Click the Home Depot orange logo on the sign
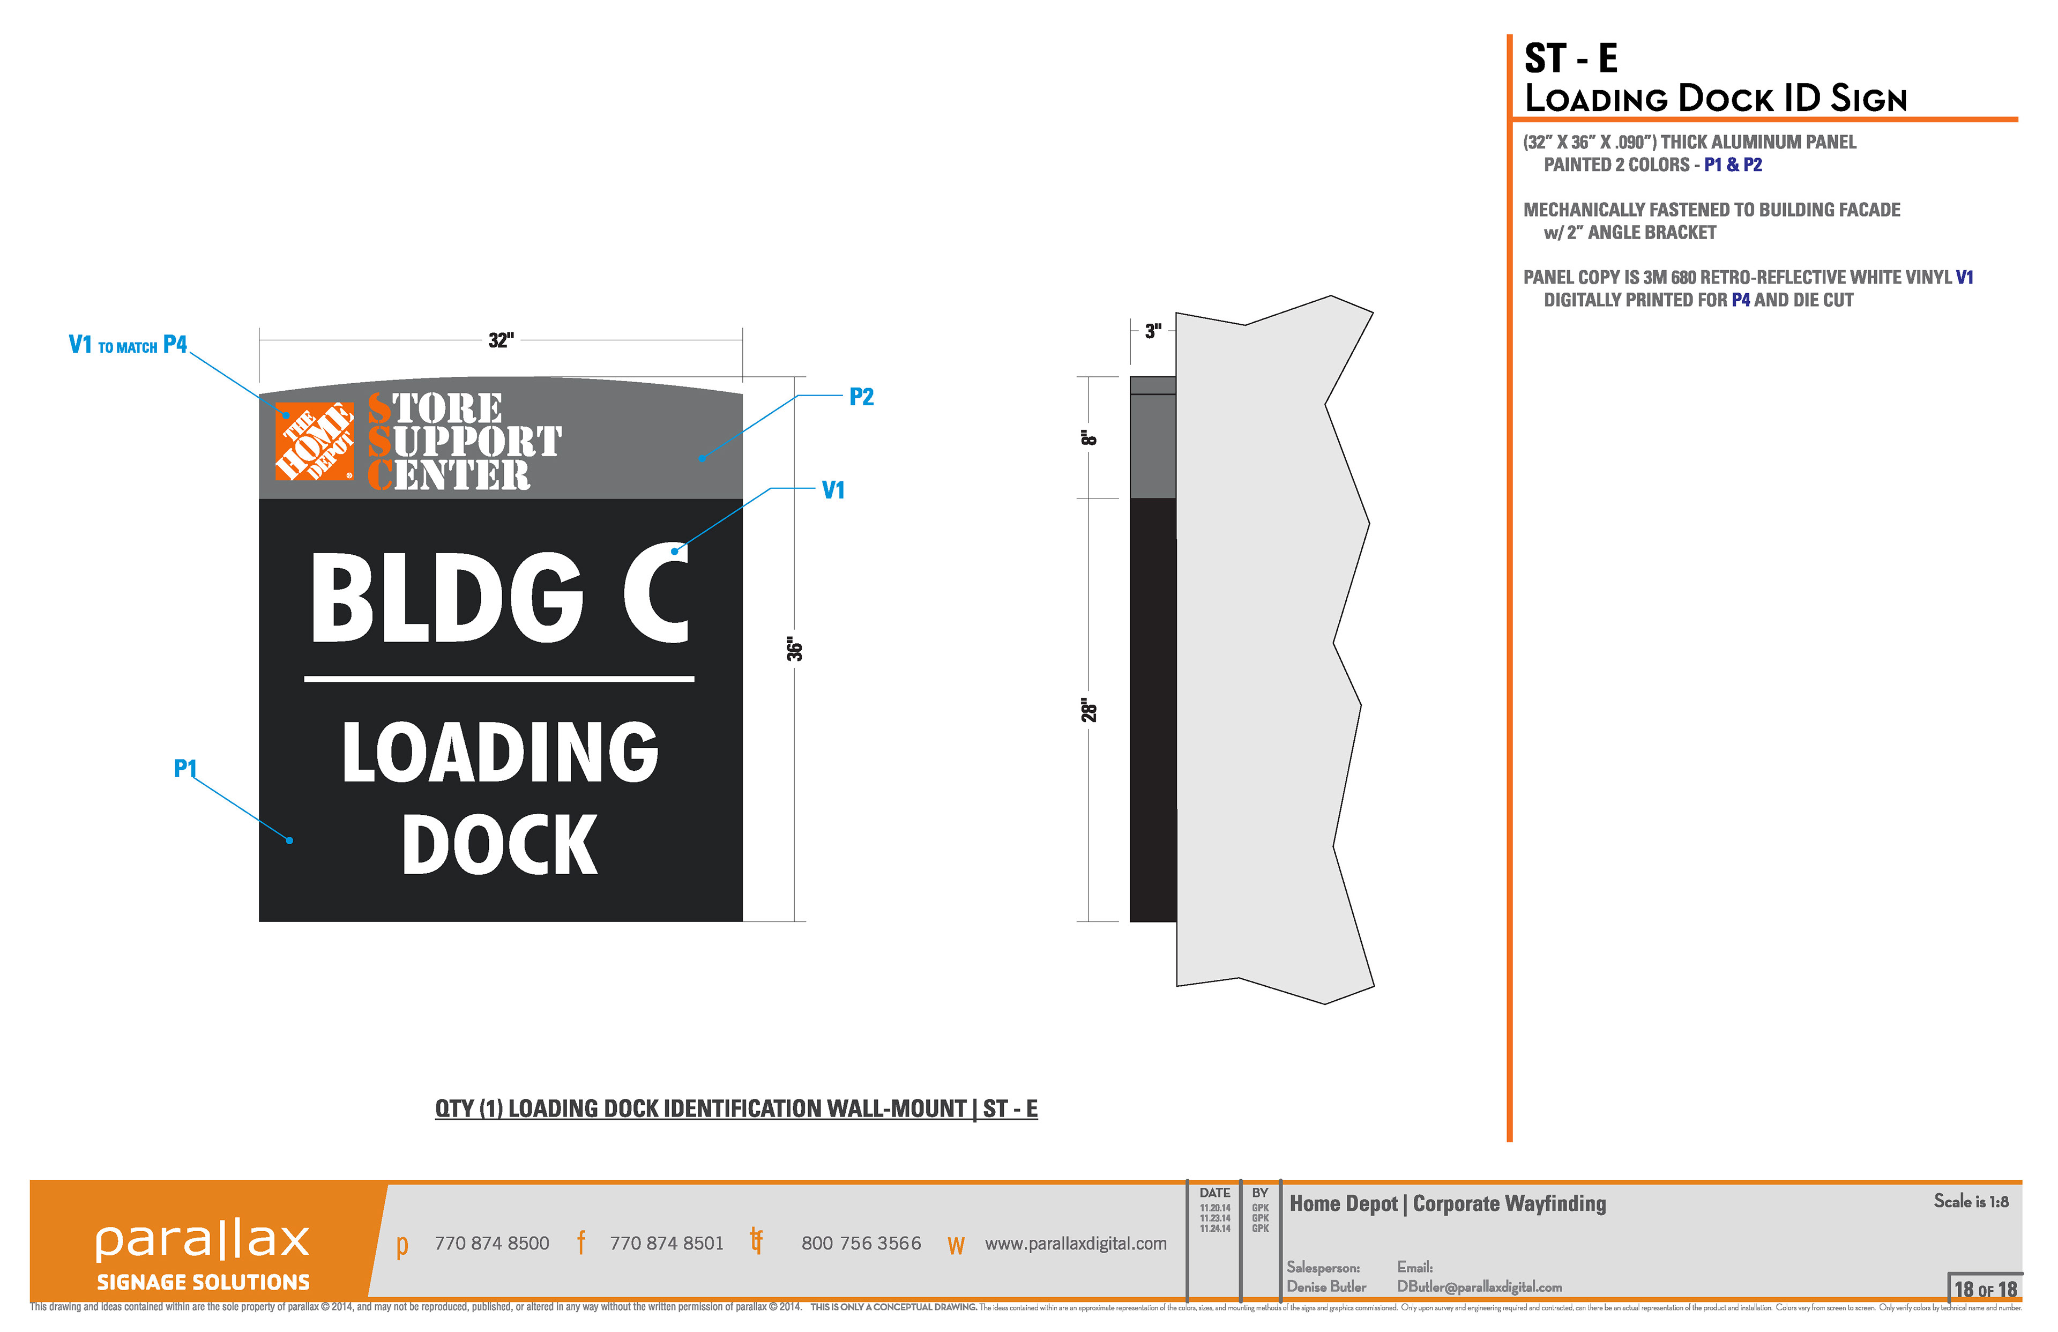pos(315,441)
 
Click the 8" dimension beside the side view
pos(1088,437)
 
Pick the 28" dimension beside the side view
pos(1088,711)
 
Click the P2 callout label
pos(861,397)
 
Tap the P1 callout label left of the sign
pos(185,768)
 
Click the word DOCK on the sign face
pos(500,845)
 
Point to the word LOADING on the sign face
pos(500,753)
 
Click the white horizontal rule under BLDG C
pos(499,679)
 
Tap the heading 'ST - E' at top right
pos(1570,59)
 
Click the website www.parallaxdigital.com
pos(1076,1244)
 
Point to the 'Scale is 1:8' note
pos(1971,1201)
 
